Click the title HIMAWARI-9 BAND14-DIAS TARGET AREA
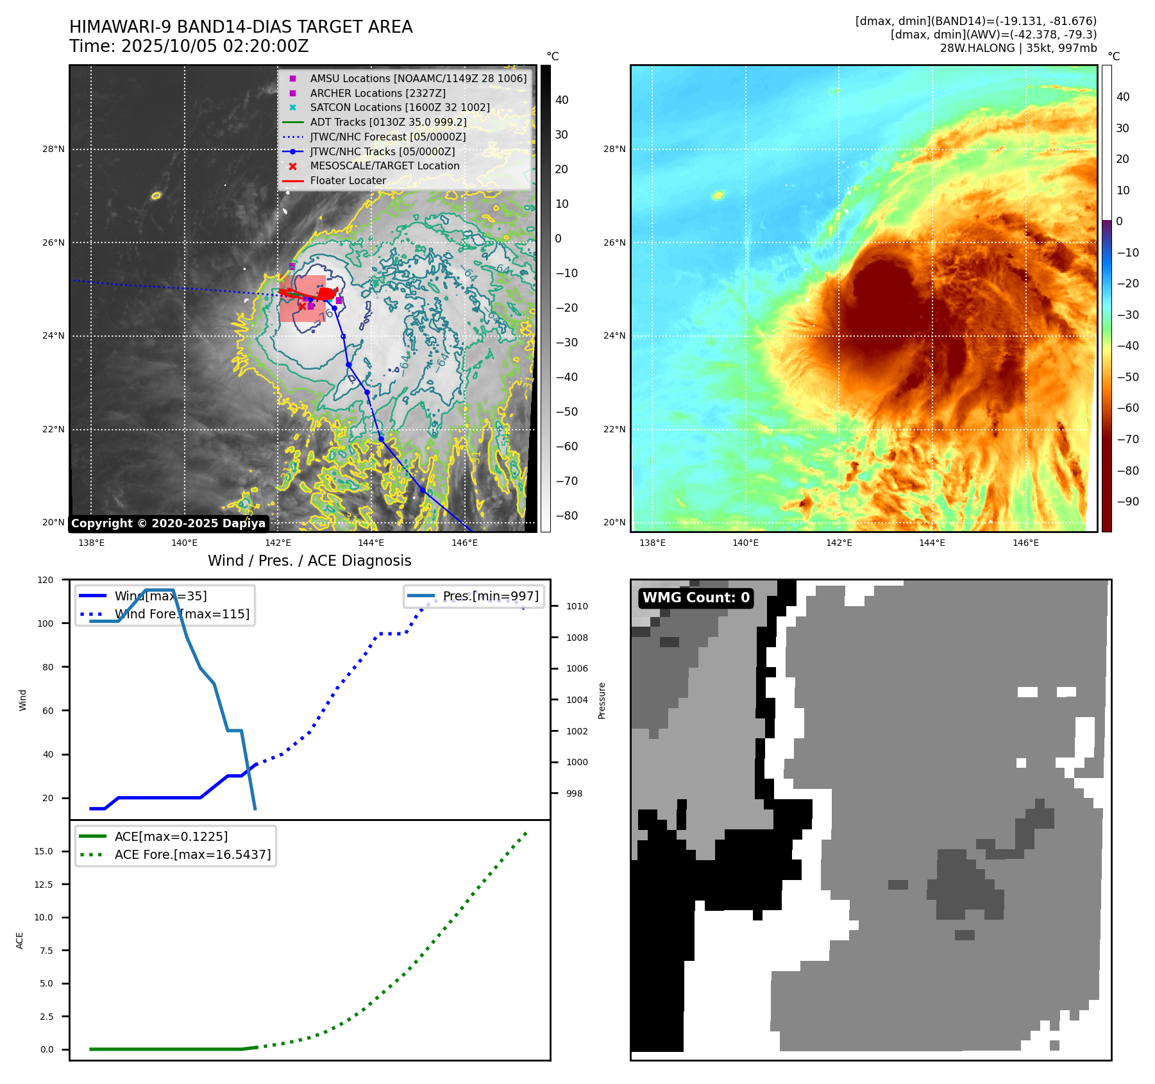[240, 27]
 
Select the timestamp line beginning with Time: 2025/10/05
[189, 47]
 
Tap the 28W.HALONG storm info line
[1018, 48]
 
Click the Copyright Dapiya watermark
[168, 523]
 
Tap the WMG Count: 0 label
[696, 598]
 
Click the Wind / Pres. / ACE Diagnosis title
[309, 561]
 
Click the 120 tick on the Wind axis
[46, 580]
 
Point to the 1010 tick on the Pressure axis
[577, 606]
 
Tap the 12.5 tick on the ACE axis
[46, 885]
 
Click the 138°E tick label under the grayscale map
[91, 543]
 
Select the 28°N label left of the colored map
[614, 149]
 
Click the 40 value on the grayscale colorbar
[562, 100]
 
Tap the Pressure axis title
[602, 700]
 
